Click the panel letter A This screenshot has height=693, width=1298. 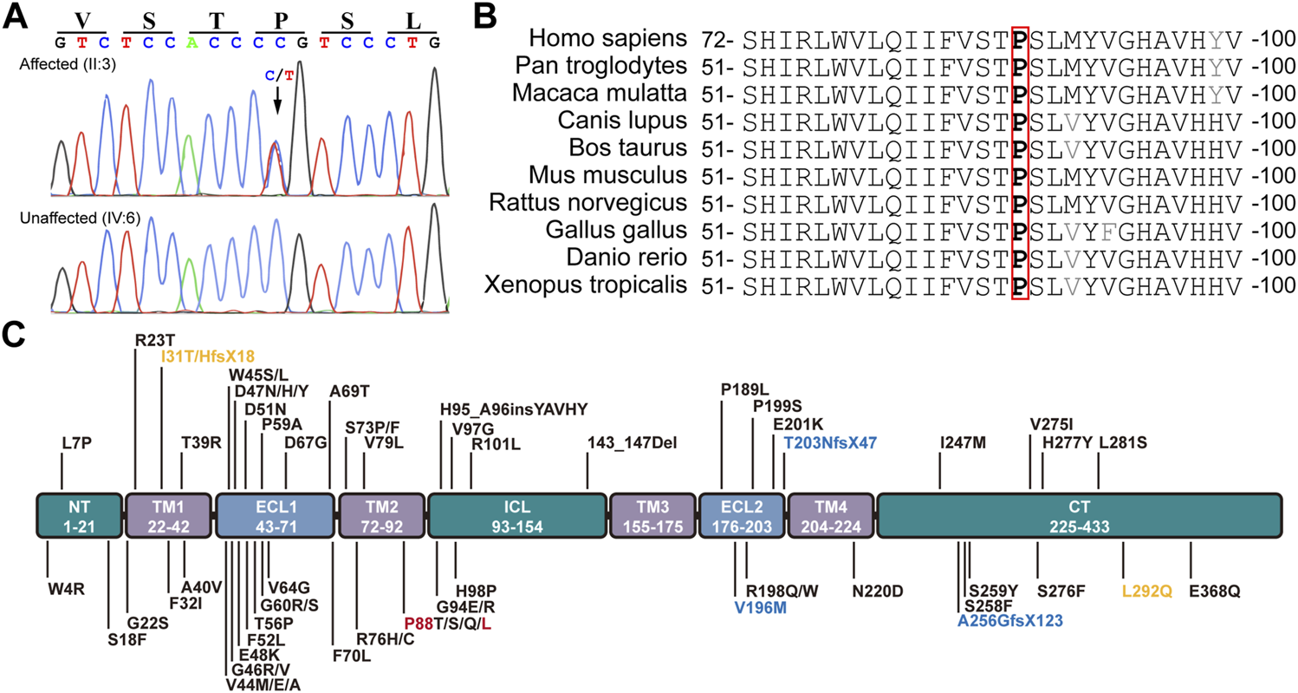coord(15,16)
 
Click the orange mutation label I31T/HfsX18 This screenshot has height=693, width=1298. coord(207,356)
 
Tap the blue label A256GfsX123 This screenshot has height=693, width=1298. coord(1009,621)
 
